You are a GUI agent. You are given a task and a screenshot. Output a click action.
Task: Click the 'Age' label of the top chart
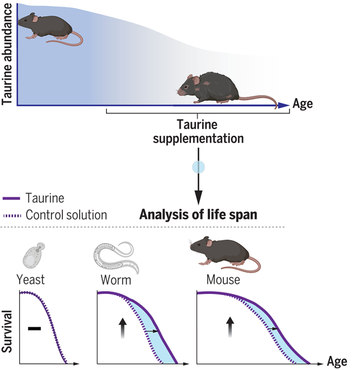point(303,104)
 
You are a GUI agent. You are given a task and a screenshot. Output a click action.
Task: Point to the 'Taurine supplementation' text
point(198,132)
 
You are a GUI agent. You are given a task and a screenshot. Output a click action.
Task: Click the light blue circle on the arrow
point(198,166)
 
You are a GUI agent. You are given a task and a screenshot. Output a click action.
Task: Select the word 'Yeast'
point(30,280)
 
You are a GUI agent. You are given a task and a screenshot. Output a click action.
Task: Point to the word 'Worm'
point(116,280)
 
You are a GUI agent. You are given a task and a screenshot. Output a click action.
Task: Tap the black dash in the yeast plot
point(35,328)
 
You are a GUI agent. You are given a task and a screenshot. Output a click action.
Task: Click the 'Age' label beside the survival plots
point(337,362)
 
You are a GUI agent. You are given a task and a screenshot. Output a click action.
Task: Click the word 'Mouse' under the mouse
point(223,280)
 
